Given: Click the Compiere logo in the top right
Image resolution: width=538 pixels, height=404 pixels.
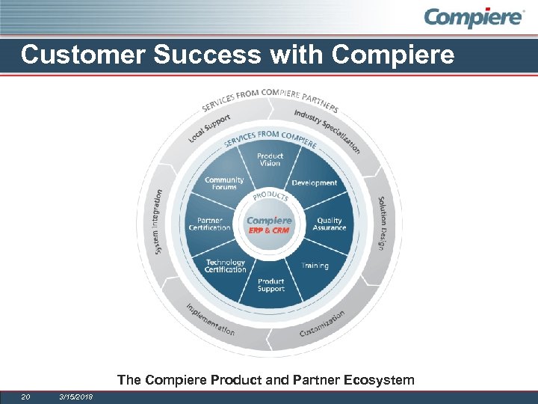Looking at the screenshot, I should pyautogui.click(x=474, y=18).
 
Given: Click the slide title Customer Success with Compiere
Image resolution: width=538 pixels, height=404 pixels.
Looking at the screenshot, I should pyautogui.click(x=238, y=55).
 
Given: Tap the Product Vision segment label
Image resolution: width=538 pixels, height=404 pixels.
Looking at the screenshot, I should pyautogui.click(x=270, y=159).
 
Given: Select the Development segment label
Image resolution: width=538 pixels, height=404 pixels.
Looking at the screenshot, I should pyautogui.click(x=314, y=183).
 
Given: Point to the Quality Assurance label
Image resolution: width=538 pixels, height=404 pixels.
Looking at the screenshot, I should pyautogui.click(x=330, y=224).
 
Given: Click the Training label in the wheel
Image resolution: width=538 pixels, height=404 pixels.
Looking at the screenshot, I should pyautogui.click(x=315, y=266).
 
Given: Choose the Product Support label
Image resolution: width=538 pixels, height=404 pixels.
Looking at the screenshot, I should pyautogui.click(x=270, y=285).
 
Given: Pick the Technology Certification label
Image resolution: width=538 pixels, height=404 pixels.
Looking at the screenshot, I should pyautogui.click(x=225, y=266).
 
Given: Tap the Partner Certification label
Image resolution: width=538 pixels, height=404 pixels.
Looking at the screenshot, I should pyautogui.click(x=210, y=224).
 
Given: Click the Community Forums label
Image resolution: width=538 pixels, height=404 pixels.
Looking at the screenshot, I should pyautogui.click(x=224, y=183).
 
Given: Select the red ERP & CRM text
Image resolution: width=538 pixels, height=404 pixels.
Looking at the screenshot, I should pyautogui.click(x=269, y=230).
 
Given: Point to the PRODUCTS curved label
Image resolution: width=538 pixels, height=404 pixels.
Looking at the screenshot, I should pyautogui.click(x=269, y=197).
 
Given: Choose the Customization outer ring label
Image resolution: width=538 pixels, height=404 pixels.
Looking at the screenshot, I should pyautogui.click(x=322, y=323).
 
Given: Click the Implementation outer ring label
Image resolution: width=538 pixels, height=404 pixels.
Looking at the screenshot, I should pyautogui.click(x=211, y=319).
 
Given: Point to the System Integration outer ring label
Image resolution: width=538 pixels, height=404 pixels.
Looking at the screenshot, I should pyautogui.click(x=158, y=221).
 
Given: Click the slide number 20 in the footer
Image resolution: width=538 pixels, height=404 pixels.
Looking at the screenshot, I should pyautogui.click(x=25, y=397).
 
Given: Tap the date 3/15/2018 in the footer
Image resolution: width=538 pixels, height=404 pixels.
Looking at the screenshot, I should pyautogui.click(x=75, y=397).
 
